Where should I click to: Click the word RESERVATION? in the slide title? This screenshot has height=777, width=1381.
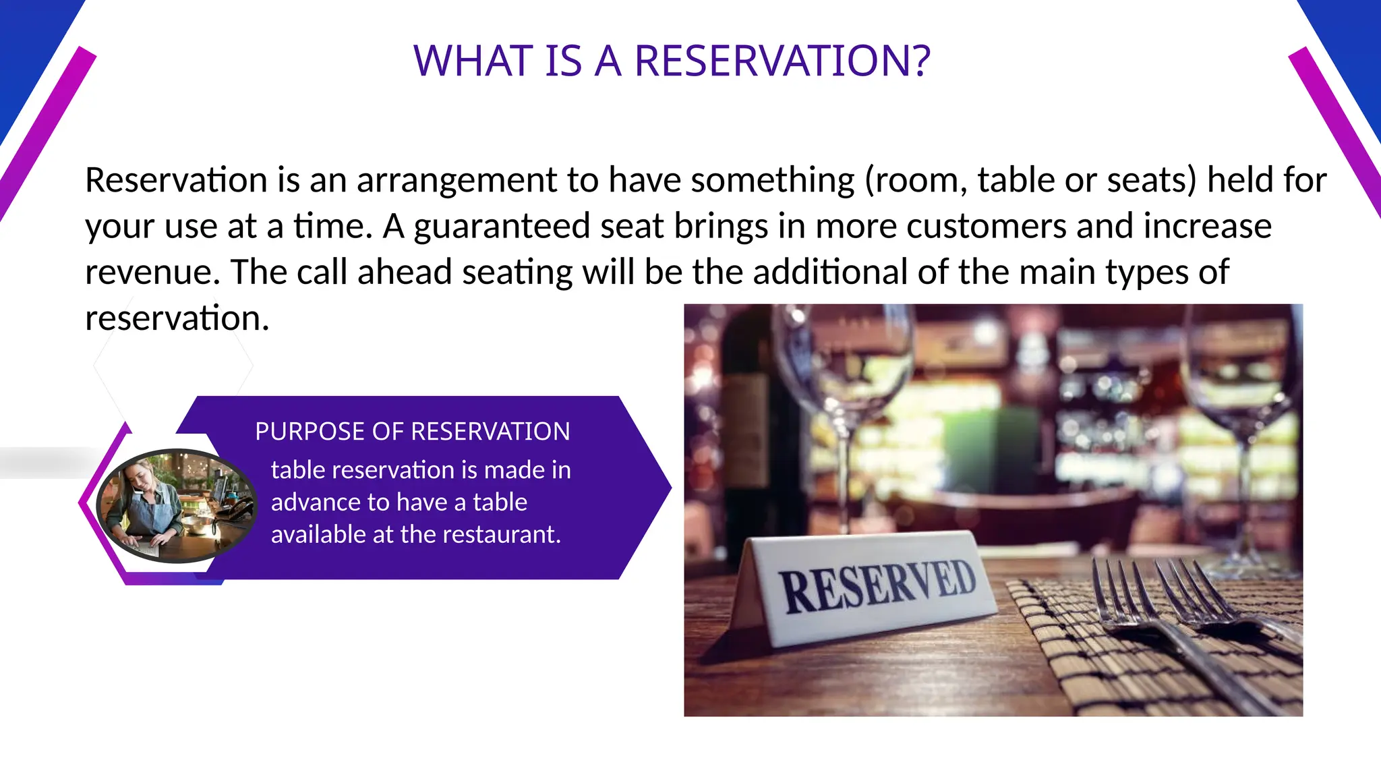tap(782, 61)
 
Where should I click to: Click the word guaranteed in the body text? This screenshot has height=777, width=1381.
tap(502, 227)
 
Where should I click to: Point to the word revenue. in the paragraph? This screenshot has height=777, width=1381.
tap(152, 272)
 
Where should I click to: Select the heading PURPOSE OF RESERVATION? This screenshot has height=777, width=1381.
tap(412, 432)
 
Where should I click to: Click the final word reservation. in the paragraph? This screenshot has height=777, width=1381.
tap(177, 318)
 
